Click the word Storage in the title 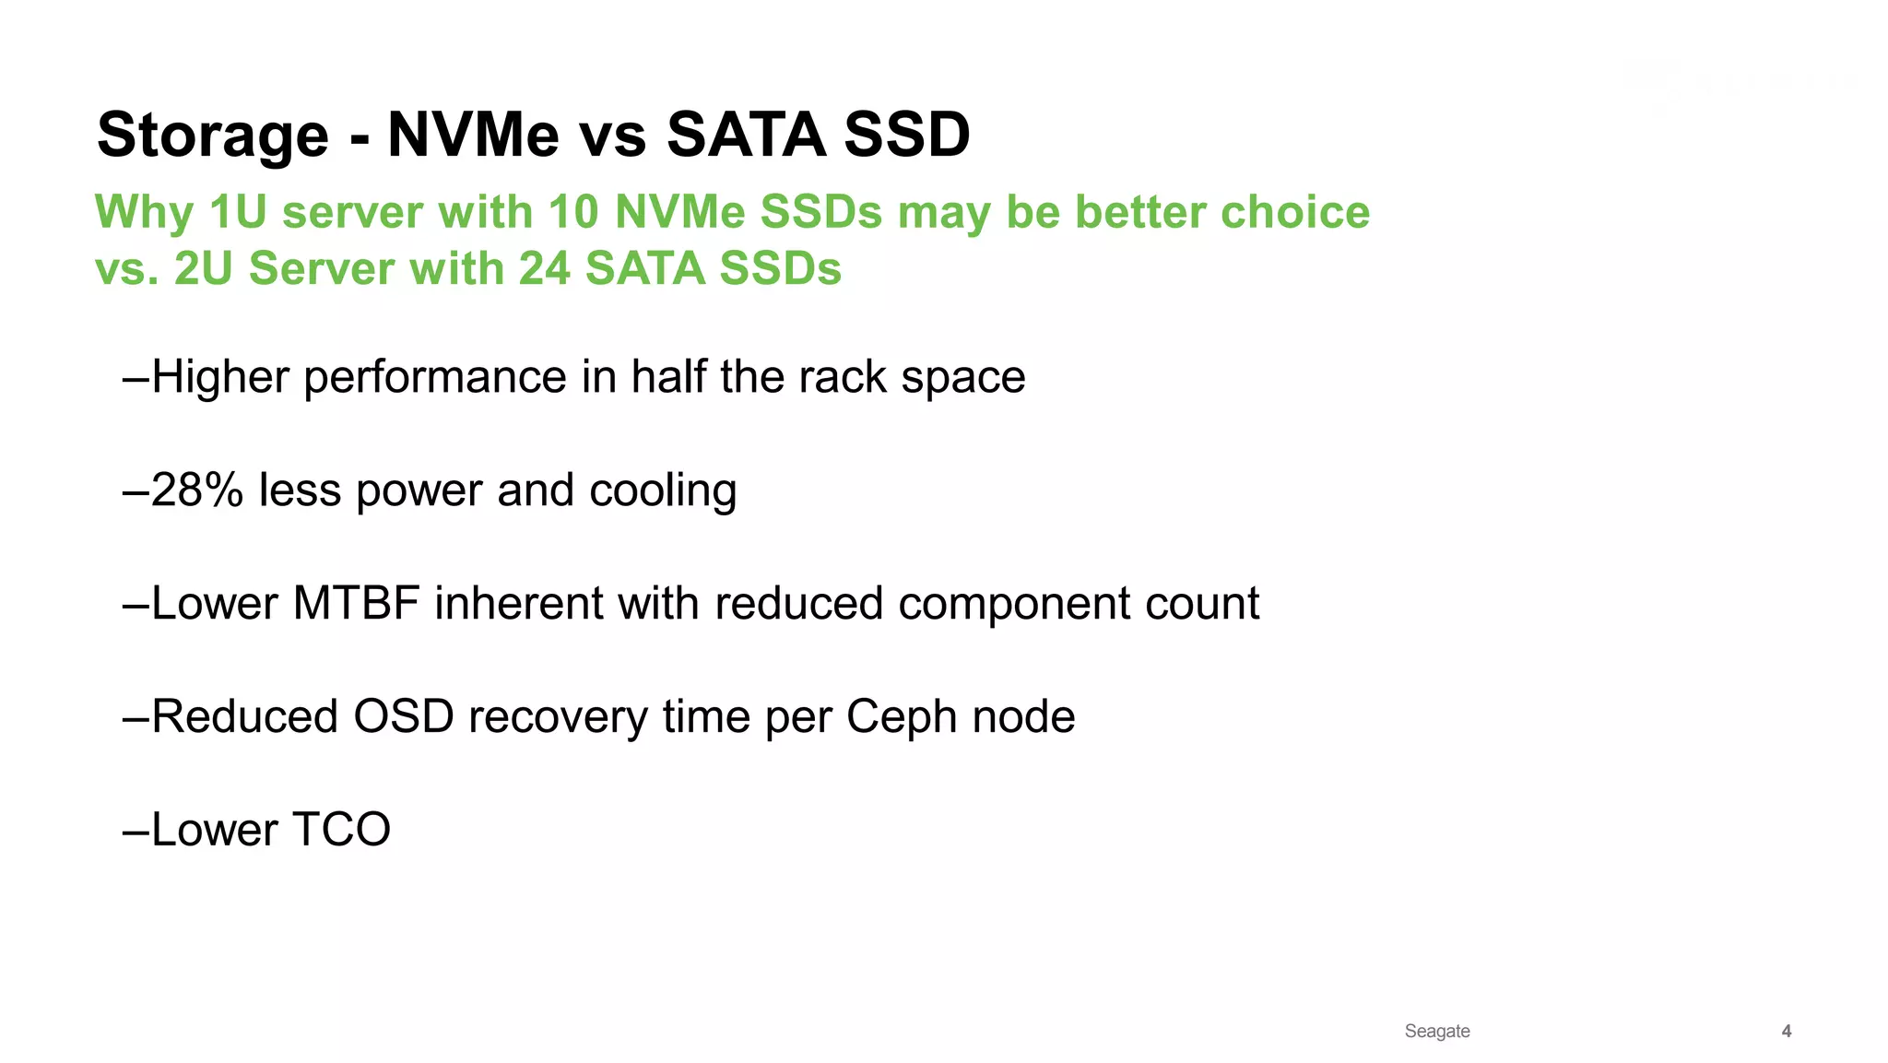[212, 136]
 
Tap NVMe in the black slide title [473, 136]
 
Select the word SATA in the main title [746, 136]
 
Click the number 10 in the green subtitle [573, 212]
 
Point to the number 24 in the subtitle [544, 269]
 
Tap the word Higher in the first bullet [220, 377]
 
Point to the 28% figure [196, 490]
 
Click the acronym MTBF [356, 604]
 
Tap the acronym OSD [404, 717]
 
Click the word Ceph [902, 717]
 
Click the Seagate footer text [1436, 1031]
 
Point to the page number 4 [1786, 1031]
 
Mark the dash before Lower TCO [136, 830]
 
